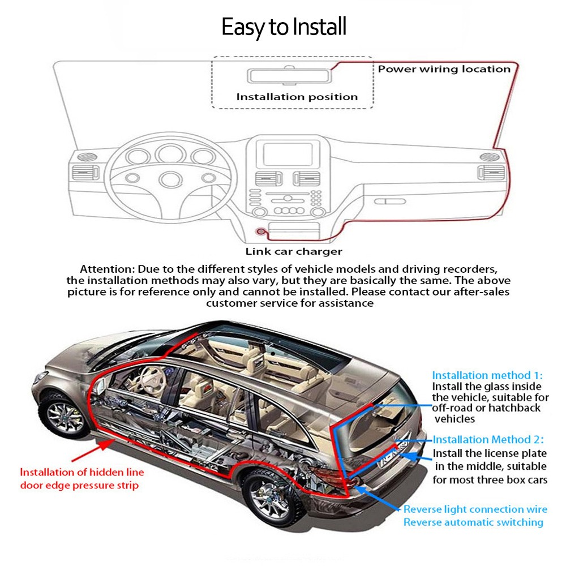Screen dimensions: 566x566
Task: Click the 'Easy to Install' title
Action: pos(284,27)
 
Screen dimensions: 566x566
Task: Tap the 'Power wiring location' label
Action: pos(444,69)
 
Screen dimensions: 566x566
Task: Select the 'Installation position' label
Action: pos(297,97)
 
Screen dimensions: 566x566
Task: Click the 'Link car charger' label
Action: pos(294,251)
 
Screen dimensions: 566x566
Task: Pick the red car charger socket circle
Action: pos(261,231)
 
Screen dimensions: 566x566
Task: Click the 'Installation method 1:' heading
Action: pos(487,375)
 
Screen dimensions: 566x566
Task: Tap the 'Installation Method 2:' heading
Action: pos(488,439)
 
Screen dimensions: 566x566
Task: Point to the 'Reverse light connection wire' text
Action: pos(475,509)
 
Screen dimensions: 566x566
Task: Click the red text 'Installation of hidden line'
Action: pos(82,472)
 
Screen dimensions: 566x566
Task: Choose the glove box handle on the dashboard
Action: pos(386,201)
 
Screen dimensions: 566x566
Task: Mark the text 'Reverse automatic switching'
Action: pos(473,522)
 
